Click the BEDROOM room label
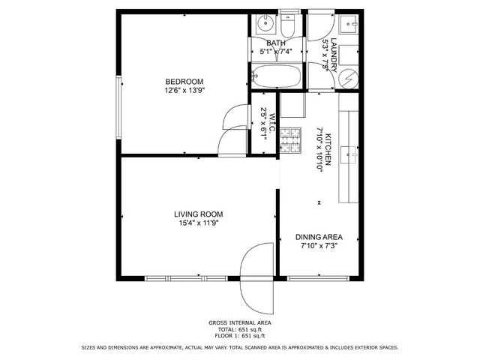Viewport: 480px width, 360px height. click(x=184, y=81)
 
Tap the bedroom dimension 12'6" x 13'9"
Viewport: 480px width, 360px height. click(x=184, y=90)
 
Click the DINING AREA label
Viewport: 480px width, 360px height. click(x=319, y=236)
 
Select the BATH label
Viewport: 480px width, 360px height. click(x=276, y=43)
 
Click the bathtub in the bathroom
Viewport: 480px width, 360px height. click(x=275, y=75)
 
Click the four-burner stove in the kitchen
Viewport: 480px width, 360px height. click(x=289, y=141)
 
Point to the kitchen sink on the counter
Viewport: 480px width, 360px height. click(x=349, y=154)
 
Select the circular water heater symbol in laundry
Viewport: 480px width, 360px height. click(x=350, y=77)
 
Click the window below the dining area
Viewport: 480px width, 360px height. click(x=318, y=279)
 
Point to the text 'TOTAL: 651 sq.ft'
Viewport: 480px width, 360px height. click(x=240, y=329)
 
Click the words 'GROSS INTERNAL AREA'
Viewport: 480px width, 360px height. click(x=240, y=322)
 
